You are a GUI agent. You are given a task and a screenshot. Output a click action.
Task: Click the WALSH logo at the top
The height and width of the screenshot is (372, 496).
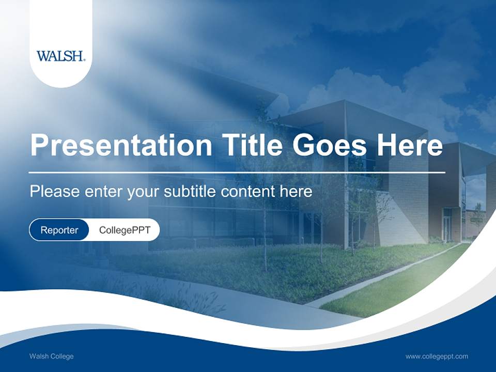(61, 56)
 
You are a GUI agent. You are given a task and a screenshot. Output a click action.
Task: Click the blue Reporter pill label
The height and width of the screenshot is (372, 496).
(59, 230)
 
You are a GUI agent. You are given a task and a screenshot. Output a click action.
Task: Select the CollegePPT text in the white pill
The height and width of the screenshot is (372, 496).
(125, 230)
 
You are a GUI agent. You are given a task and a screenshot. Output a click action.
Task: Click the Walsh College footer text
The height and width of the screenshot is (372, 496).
(51, 357)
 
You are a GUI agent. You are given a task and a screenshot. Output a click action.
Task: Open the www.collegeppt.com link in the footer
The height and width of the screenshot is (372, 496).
(437, 357)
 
